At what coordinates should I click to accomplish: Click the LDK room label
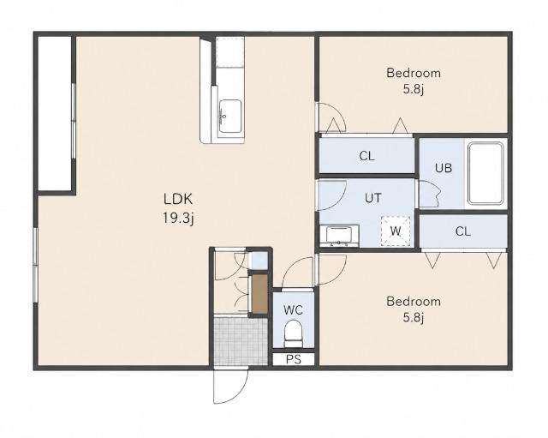[178, 199]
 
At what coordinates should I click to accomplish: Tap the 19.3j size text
[178, 219]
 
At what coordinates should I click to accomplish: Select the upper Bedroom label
[414, 73]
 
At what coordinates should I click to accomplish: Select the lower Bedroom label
[414, 301]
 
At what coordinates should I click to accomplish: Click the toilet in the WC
[293, 334]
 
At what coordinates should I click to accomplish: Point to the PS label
[294, 359]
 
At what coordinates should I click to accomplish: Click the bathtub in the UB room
[486, 173]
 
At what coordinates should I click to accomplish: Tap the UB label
[444, 168]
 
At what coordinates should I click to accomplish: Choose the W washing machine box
[396, 231]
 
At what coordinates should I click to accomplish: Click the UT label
[373, 198]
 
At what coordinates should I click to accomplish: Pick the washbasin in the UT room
[339, 236]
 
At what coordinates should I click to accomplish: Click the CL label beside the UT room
[366, 156]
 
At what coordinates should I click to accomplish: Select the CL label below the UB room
[463, 231]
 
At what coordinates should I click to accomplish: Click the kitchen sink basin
[229, 117]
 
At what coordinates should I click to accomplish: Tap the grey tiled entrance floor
[241, 341]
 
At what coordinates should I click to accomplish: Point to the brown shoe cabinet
[259, 293]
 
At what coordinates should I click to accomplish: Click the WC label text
[293, 310]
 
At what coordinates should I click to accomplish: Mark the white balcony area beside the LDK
[55, 113]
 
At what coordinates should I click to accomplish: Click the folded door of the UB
[429, 194]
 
